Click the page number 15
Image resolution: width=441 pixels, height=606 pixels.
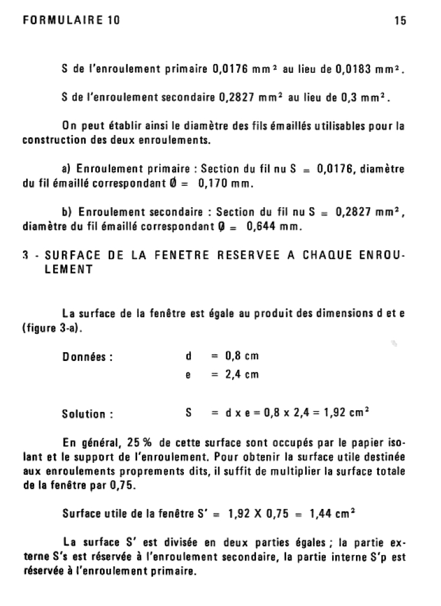pos(400,21)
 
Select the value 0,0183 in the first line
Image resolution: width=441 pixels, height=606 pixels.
pos(354,71)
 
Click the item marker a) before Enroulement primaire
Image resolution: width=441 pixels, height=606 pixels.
pos(67,170)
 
